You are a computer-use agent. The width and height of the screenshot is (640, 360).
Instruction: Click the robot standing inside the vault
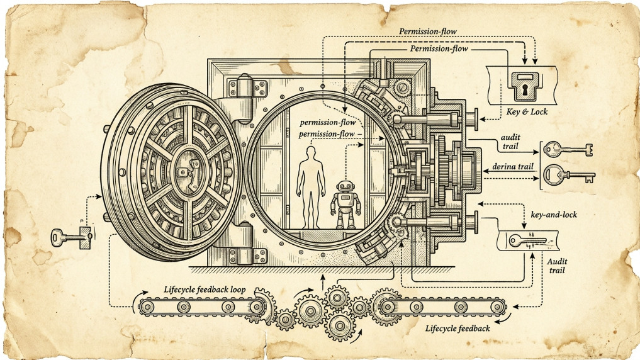click(345, 205)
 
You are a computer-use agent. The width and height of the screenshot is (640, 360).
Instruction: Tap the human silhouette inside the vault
click(311, 188)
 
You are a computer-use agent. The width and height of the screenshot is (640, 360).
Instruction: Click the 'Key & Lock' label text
click(527, 111)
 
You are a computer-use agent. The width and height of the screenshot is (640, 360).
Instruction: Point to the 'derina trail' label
click(513, 166)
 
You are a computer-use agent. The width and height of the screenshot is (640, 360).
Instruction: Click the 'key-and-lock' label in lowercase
click(554, 214)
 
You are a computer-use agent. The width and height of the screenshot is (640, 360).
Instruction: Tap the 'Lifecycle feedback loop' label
click(205, 290)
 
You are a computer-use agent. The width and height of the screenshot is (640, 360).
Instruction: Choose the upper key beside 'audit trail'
click(568, 149)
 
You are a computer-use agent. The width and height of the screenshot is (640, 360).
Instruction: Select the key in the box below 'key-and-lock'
click(527, 240)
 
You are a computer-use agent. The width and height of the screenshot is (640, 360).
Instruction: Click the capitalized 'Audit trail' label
click(557, 266)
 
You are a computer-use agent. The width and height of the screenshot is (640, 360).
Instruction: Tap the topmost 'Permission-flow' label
click(428, 31)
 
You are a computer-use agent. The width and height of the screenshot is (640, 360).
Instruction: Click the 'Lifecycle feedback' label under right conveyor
click(458, 328)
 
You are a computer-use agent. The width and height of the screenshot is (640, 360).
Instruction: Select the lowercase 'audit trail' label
click(510, 142)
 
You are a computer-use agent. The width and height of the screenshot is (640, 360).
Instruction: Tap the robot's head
click(345, 186)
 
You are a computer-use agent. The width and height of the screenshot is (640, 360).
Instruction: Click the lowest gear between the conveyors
click(340, 326)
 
